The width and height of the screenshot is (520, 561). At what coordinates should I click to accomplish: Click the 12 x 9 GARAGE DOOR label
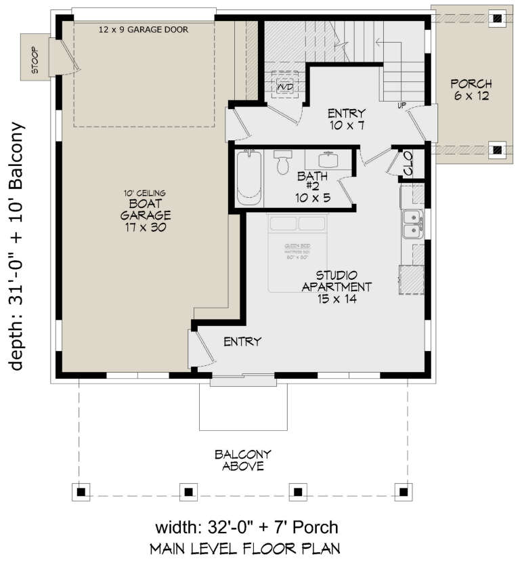(143, 30)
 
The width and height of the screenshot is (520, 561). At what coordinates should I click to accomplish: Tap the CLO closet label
(408, 163)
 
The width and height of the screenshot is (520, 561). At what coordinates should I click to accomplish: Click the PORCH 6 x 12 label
(471, 90)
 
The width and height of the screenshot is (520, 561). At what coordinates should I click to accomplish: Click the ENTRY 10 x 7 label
(346, 119)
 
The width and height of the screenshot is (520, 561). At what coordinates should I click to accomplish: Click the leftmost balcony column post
(81, 490)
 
